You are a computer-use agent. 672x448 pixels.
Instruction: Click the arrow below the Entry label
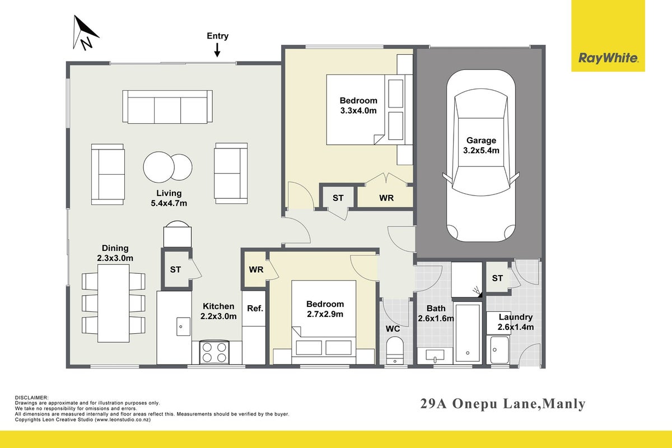pyautogui.click(x=217, y=50)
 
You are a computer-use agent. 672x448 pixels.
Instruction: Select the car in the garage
pyautogui.click(x=481, y=156)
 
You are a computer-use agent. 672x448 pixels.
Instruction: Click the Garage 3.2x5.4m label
pyautogui.click(x=481, y=145)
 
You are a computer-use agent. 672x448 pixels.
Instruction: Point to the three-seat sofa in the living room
pyautogui.click(x=167, y=107)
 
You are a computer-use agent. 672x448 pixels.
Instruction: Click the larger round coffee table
pyautogui.click(x=158, y=167)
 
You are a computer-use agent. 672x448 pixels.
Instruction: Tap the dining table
pyautogui.click(x=113, y=303)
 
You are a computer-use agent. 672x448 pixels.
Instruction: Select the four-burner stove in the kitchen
pyautogui.click(x=214, y=352)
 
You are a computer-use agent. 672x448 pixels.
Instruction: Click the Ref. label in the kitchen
pyautogui.click(x=255, y=308)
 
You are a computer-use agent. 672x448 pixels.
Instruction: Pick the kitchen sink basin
pyautogui.click(x=183, y=326)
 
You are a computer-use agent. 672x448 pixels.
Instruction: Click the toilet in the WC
pyautogui.click(x=395, y=351)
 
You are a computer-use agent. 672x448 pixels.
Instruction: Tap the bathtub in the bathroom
pyautogui.click(x=468, y=333)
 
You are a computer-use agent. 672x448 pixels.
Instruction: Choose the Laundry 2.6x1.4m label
pyautogui.click(x=516, y=322)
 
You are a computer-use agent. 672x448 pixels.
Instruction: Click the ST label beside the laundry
pyautogui.click(x=497, y=278)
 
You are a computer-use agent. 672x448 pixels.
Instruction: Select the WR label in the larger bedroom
pyautogui.click(x=386, y=198)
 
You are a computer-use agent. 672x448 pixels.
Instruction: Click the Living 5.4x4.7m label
pyautogui.click(x=169, y=198)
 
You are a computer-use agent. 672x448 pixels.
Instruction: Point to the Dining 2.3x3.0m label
pyautogui.click(x=115, y=253)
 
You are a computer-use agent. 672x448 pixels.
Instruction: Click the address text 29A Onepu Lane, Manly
pyautogui.click(x=503, y=404)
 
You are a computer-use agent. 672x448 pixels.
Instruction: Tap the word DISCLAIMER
pyautogui.click(x=31, y=398)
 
